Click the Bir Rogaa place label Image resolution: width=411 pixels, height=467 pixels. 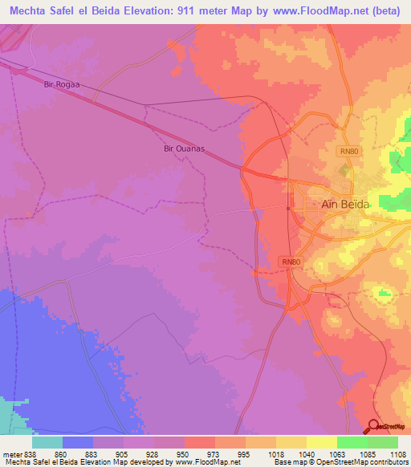tap(63, 83)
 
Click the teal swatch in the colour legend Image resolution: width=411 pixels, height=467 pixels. tap(47, 442)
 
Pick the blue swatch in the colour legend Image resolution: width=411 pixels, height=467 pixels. tap(78, 442)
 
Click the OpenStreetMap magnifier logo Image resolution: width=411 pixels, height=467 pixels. tap(374, 426)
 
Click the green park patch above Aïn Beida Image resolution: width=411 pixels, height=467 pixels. tap(345, 170)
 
